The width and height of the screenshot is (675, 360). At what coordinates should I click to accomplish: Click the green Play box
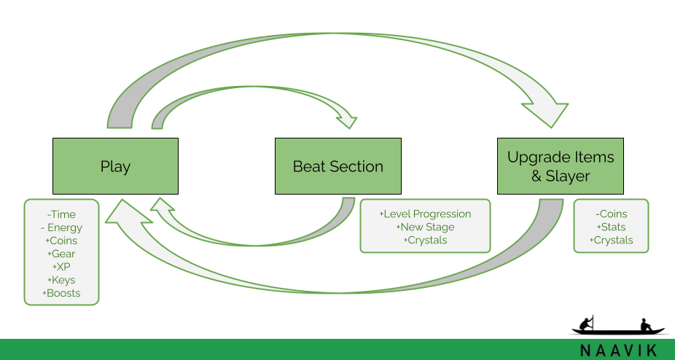coord(115,166)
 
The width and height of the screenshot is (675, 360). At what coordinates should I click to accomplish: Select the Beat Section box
coord(338,166)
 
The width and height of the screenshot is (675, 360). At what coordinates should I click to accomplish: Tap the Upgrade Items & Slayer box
coord(560,166)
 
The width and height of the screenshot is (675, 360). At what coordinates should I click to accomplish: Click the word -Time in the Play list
coord(61,214)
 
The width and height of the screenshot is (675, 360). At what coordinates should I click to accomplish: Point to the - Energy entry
coord(61,228)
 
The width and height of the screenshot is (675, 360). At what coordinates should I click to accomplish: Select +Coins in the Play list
coord(61,240)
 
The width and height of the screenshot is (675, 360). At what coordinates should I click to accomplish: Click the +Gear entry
coord(61,254)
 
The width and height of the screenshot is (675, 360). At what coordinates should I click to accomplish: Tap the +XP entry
coord(61,267)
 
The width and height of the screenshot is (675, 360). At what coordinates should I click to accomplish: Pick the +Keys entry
coord(61,281)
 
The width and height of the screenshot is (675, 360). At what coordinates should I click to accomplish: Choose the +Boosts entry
coord(61,293)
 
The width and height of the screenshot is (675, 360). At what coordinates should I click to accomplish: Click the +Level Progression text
coord(425,214)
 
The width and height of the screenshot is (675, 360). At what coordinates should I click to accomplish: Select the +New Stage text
coord(425,227)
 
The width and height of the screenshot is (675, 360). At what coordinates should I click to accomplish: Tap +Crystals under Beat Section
coord(425,240)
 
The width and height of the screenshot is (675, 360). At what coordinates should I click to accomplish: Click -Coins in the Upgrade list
coord(612,214)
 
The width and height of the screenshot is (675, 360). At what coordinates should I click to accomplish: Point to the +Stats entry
coord(612,227)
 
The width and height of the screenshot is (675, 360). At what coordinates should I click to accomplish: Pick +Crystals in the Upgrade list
coord(612,240)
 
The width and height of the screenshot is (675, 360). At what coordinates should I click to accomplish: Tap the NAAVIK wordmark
coord(618,350)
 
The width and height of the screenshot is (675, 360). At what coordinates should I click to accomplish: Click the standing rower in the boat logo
coord(586,324)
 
